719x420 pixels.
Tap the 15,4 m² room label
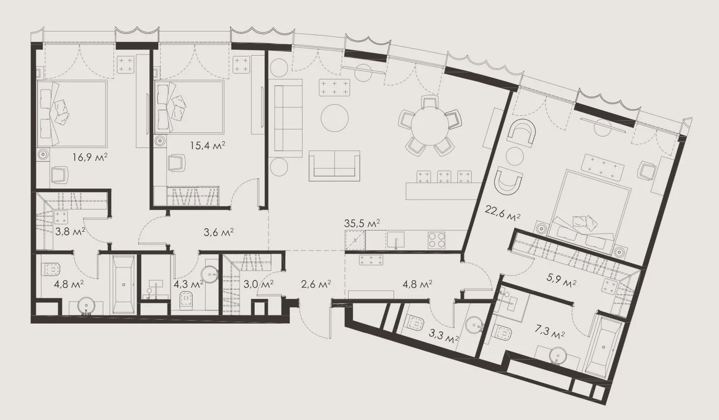(x=208, y=146)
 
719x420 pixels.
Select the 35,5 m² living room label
(x=362, y=223)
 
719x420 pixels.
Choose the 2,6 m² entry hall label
(x=316, y=284)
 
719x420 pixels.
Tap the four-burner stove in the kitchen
(x=437, y=240)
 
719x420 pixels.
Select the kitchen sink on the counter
(x=395, y=240)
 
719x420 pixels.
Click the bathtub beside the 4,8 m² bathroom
(x=123, y=284)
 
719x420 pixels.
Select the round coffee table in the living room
(x=334, y=118)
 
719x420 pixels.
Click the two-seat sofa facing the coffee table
(x=334, y=166)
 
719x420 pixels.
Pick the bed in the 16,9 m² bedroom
(x=72, y=114)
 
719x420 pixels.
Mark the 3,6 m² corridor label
(x=218, y=232)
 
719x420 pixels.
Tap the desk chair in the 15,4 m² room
(x=177, y=163)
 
